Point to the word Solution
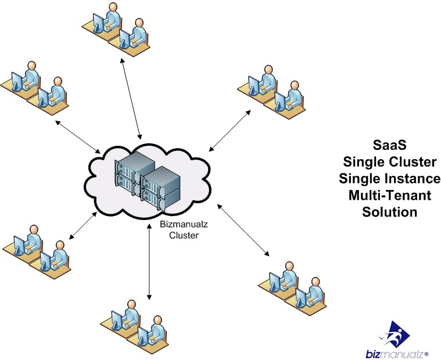(x=389, y=212)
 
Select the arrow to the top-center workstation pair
(x=131, y=96)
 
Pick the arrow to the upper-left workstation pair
(x=79, y=135)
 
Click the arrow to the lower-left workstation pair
(x=83, y=226)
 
